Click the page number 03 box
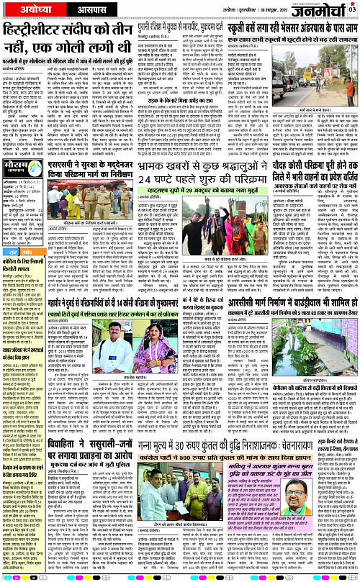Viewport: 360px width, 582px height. [353, 8]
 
